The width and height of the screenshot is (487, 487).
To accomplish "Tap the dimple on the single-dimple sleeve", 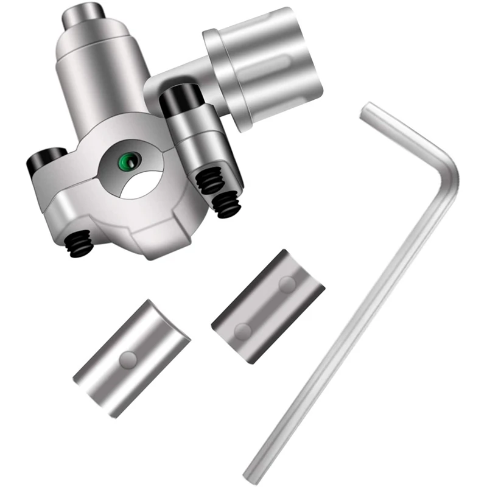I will (128, 360).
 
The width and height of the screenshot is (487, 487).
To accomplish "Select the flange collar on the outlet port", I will (223, 74).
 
